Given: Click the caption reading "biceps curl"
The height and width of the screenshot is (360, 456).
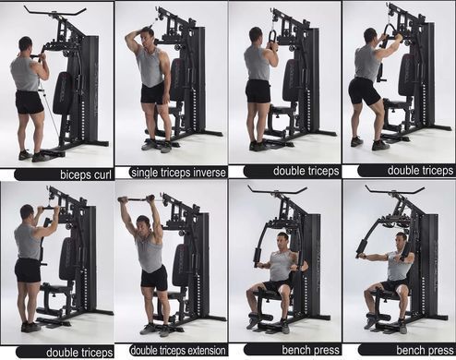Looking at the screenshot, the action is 85,174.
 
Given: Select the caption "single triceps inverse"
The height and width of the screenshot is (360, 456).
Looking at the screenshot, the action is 178,173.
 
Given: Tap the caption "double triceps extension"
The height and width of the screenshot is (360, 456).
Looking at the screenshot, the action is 178,351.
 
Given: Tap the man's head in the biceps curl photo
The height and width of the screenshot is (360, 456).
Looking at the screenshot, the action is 25,44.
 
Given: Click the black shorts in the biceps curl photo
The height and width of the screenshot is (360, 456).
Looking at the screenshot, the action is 29,102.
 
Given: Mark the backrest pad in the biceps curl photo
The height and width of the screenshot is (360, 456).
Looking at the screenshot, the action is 63,93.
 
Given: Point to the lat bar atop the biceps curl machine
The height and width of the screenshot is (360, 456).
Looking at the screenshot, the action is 54,12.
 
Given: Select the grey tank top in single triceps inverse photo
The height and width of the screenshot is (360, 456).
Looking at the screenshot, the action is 150,66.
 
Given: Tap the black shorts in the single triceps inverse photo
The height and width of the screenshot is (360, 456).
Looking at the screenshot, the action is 152,93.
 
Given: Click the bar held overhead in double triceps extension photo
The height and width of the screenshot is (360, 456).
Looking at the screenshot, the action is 137,199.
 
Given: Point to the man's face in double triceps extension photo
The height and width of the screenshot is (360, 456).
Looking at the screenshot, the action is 144,225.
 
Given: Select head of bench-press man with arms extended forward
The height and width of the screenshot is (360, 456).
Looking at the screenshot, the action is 402,241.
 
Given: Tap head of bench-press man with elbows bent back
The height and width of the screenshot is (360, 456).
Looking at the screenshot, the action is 282,241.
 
